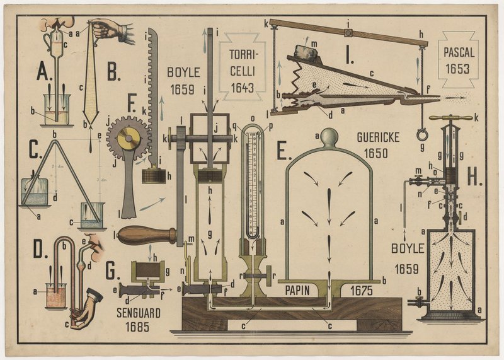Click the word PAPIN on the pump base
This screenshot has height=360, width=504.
299,291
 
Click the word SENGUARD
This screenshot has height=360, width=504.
139,312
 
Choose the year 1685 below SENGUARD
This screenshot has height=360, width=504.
139,326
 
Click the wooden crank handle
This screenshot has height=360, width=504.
147,235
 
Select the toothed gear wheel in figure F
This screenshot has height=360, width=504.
128,137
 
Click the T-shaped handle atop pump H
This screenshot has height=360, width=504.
450,117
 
